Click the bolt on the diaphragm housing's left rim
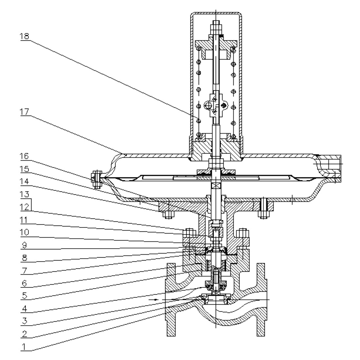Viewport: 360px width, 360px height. coord(96,179)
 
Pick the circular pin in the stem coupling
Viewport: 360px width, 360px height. coord(208,105)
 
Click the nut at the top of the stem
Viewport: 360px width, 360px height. coord(216,25)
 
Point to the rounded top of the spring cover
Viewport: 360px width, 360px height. coord(216,14)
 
